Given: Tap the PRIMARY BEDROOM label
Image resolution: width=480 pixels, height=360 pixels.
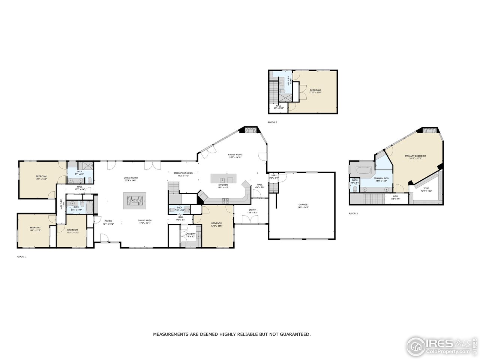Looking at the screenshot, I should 415,156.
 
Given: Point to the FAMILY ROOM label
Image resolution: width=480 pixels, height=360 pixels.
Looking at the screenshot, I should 235,155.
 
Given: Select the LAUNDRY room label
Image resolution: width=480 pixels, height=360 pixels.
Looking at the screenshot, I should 190,234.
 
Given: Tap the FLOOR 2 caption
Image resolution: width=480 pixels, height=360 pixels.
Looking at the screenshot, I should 272,122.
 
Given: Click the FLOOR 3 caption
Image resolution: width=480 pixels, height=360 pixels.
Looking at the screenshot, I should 353,213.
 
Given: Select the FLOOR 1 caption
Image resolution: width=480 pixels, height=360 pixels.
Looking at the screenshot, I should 21,256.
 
